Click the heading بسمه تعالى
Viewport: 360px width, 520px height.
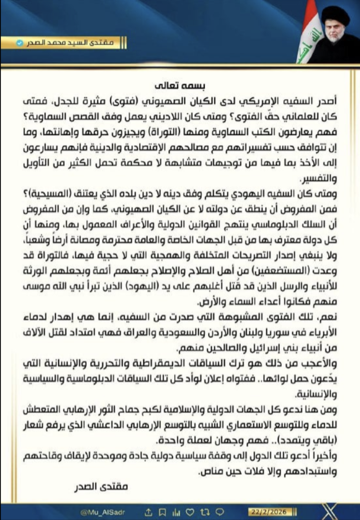[181, 86]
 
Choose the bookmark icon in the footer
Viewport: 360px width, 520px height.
[162, 511]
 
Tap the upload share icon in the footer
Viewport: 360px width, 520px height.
[149, 511]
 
